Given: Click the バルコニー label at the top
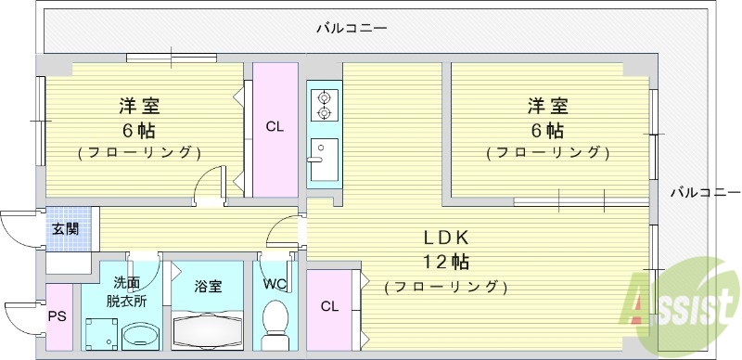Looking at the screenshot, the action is point(351,29).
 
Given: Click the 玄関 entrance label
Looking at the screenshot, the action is point(65,228).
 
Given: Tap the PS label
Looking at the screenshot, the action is point(57,316).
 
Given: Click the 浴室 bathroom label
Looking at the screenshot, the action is point(208,286).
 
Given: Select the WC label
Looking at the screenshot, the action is point(274,284).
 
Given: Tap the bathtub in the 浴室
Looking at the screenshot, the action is point(209,331).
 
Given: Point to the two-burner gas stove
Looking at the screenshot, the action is point(325,104).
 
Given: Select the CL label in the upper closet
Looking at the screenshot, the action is point(275,127).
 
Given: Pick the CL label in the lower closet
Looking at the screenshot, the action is point(329,307).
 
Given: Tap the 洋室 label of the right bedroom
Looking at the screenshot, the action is point(549,105).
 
